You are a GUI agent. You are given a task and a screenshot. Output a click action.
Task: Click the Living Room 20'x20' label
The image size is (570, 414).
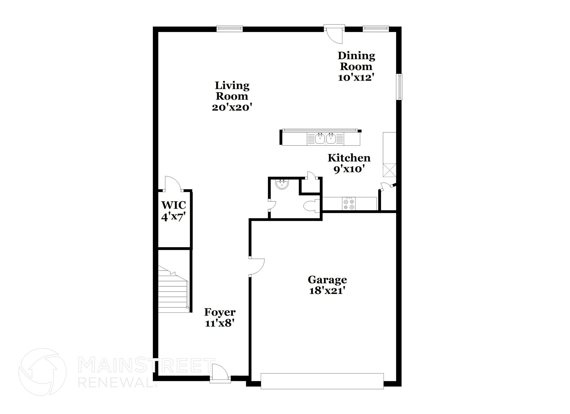232,96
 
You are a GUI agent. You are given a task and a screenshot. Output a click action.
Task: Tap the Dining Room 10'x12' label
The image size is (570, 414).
356,66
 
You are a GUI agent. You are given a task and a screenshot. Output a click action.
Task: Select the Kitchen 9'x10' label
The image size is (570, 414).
349,163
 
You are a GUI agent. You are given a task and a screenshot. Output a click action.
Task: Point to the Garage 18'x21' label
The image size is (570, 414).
327,285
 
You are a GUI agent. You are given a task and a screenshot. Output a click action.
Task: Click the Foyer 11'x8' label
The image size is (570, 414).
220,318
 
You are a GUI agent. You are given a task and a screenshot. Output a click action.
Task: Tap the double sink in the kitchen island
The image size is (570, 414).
325,138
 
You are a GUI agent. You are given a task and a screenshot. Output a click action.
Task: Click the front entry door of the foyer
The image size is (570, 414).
220,373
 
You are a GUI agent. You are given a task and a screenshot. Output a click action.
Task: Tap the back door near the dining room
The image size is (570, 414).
334,35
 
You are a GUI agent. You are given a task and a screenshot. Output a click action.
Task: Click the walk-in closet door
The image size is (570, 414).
173,184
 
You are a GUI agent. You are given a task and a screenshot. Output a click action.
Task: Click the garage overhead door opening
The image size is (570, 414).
322,381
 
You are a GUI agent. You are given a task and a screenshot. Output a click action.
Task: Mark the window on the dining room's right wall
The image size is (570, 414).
400,86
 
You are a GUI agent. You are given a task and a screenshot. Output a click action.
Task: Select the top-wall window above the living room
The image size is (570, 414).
230,28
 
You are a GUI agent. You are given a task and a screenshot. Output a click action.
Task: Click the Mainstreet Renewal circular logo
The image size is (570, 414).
43,372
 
